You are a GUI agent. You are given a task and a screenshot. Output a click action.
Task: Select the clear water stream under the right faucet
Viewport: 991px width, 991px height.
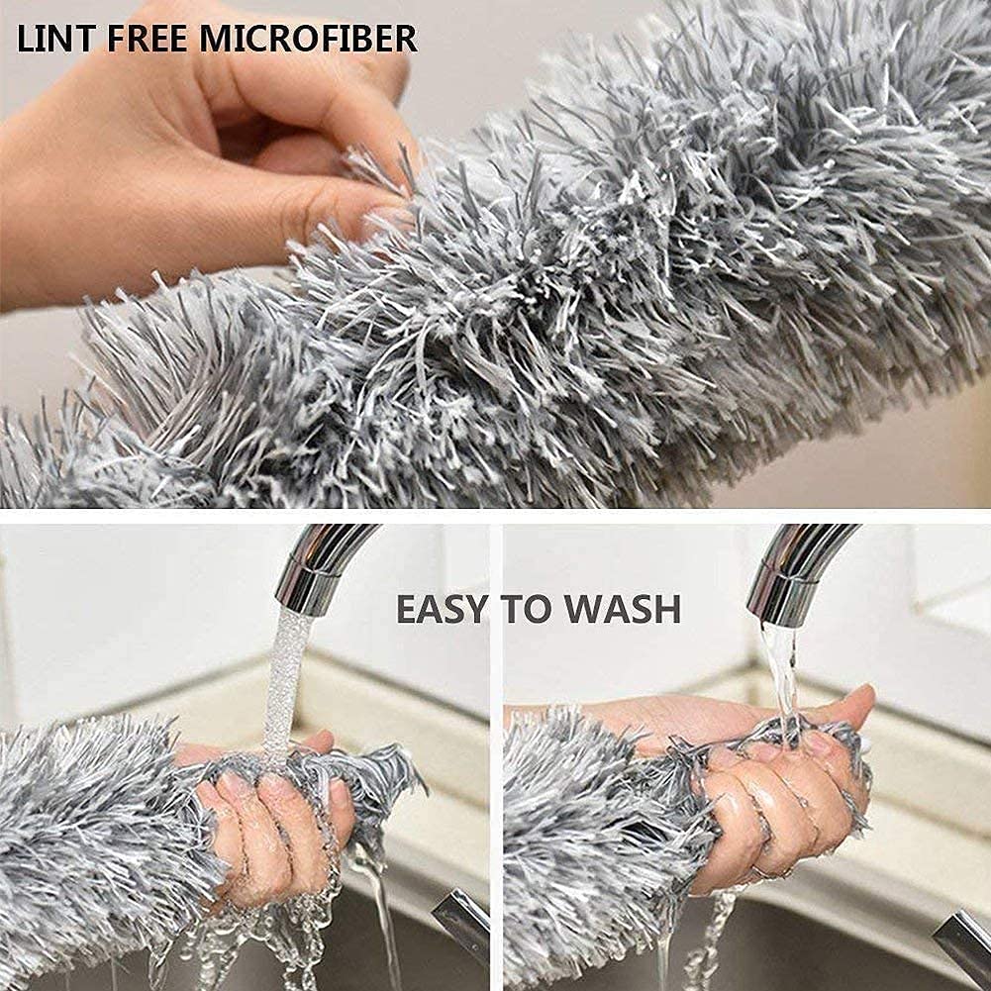(780, 673)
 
